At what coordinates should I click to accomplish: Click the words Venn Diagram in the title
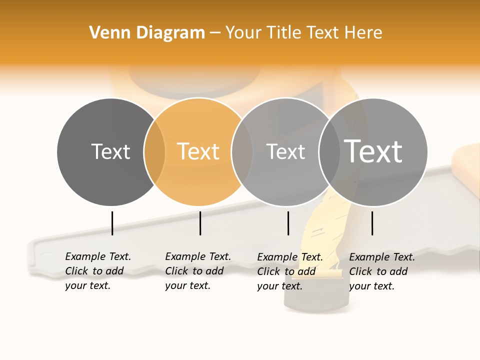click(x=147, y=33)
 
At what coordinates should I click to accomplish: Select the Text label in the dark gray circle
click(x=110, y=151)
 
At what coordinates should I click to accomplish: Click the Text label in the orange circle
click(x=198, y=151)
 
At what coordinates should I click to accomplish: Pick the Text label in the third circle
click(x=285, y=151)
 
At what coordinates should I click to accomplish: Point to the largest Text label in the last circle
click(x=373, y=151)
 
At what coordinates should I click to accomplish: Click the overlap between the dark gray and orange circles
click(x=154, y=152)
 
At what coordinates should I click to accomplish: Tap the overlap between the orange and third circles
click(x=242, y=152)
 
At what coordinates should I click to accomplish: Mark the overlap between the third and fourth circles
click(x=329, y=152)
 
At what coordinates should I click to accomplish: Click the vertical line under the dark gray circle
click(x=112, y=223)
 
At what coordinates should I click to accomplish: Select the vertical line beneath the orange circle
click(x=200, y=223)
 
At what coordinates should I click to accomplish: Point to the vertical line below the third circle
click(x=288, y=223)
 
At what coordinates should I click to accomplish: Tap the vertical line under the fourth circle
click(x=372, y=223)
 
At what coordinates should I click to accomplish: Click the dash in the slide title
click(x=215, y=33)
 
